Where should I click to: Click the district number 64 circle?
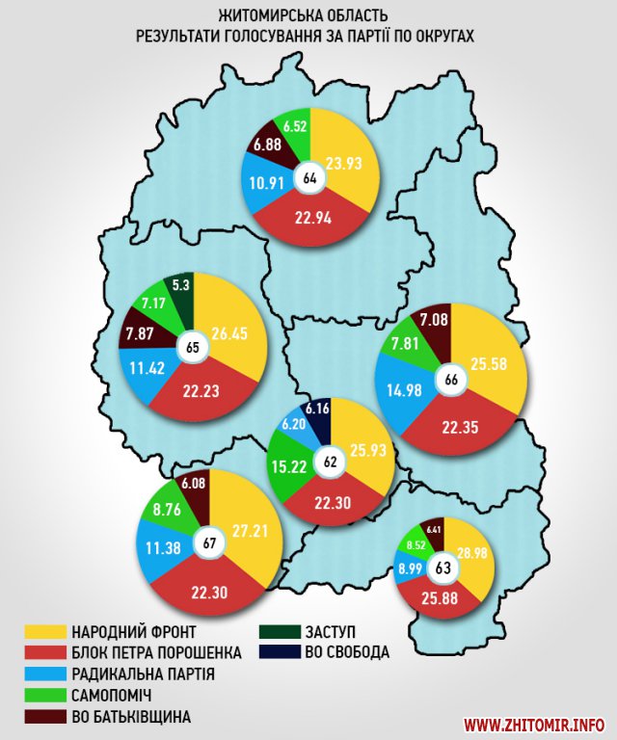click(310, 178)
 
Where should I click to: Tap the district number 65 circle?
click(192, 348)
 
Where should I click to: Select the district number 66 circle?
click(450, 380)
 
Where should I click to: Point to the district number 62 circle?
click(331, 462)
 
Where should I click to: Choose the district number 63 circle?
click(444, 567)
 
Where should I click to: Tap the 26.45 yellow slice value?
click(231, 334)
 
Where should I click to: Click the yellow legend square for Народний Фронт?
click(42, 632)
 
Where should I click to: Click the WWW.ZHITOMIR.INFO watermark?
click(535, 724)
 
